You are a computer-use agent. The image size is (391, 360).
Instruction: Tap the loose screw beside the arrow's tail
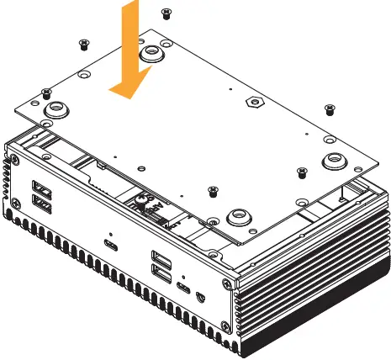[166, 12]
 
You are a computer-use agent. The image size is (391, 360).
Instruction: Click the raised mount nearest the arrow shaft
[151, 54]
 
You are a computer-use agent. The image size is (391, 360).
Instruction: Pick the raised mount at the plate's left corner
[59, 110]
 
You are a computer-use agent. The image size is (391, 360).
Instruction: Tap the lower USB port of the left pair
[40, 202]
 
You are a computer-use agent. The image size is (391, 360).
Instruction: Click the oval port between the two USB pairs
[110, 246]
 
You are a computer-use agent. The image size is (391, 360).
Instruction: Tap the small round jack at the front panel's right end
[200, 295]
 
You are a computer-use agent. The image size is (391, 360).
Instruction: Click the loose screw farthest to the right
[329, 109]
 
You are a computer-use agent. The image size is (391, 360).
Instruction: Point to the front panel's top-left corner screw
[12, 157]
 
